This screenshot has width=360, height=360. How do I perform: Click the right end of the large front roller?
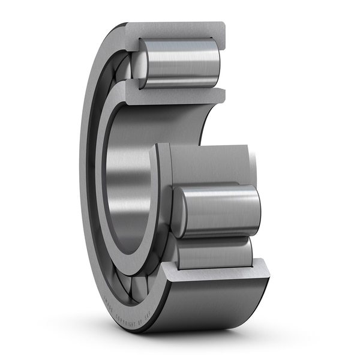[255, 210]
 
